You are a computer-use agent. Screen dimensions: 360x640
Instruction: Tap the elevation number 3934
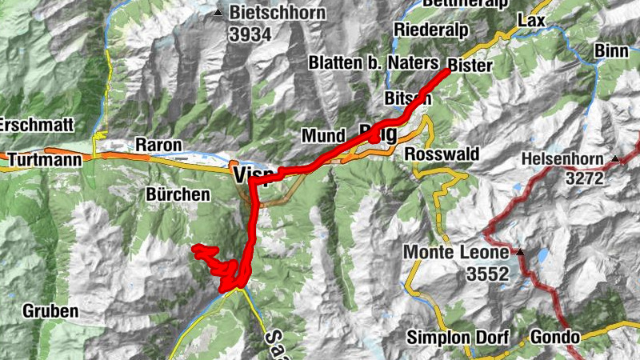(250, 34)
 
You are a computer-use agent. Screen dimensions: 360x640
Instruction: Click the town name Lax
(530, 19)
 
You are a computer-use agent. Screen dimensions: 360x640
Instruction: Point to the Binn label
(612, 51)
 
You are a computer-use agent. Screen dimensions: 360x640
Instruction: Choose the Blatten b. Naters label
(374, 62)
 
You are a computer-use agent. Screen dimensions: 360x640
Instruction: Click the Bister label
(471, 65)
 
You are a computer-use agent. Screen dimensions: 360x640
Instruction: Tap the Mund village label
(323, 136)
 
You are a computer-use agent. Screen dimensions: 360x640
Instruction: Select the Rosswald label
(442, 154)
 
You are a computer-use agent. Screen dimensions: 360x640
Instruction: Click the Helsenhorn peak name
(564, 159)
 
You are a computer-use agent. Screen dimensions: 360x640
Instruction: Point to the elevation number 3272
(585, 179)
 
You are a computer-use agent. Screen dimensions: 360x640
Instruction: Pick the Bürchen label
(178, 194)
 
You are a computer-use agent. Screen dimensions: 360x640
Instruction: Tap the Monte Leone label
(456, 252)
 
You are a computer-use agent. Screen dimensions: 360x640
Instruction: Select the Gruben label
(50, 311)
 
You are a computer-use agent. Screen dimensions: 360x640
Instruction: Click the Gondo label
(552, 336)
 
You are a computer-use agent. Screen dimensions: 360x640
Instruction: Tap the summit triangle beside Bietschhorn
(218, 13)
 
